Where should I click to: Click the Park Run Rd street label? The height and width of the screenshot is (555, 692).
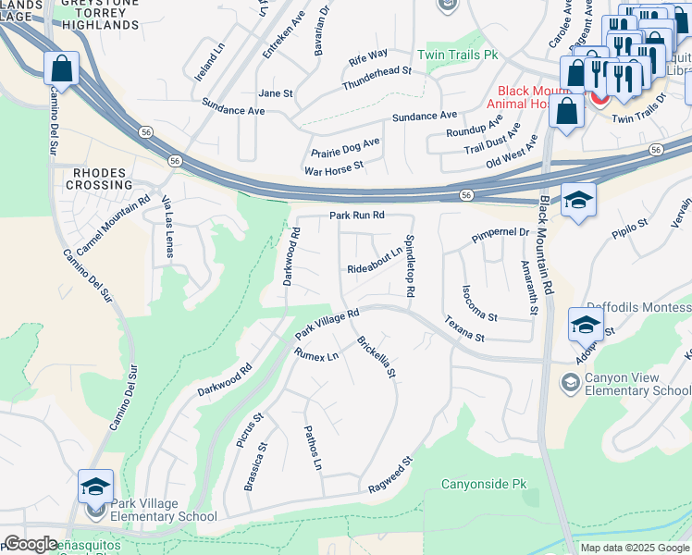point(357,216)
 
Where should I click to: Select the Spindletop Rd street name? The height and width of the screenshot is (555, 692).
point(409,265)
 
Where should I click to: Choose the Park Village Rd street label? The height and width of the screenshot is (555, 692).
point(327,324)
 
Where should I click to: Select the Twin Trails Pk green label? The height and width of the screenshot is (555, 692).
point(457,55)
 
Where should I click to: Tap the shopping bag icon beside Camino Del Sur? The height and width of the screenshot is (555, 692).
point(61,68)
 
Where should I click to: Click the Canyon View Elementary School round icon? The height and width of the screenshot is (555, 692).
point(571,382)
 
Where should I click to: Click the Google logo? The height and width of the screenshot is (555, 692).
point(30,544)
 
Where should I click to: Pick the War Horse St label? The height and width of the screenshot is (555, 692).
point(334,170)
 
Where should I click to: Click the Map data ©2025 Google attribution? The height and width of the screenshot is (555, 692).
point(634,548)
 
